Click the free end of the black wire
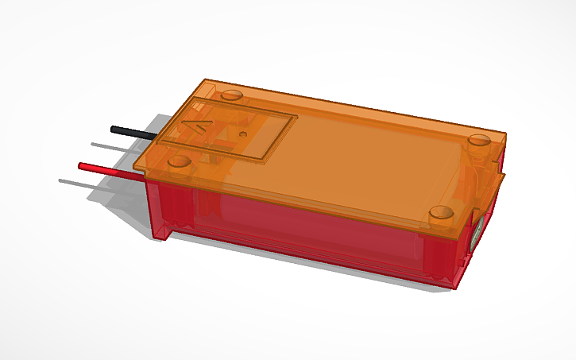(113, 128)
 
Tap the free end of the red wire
(80, 165)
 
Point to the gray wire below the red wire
(87, 184)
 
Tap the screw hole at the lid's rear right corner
(479, 140)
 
